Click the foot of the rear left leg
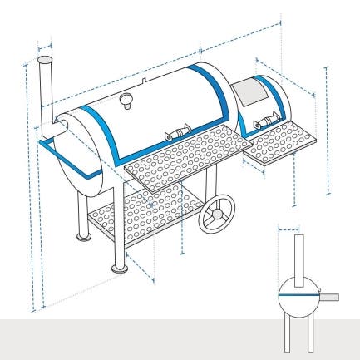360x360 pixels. coord(83,236)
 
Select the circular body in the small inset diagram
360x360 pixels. coord(298,295)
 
